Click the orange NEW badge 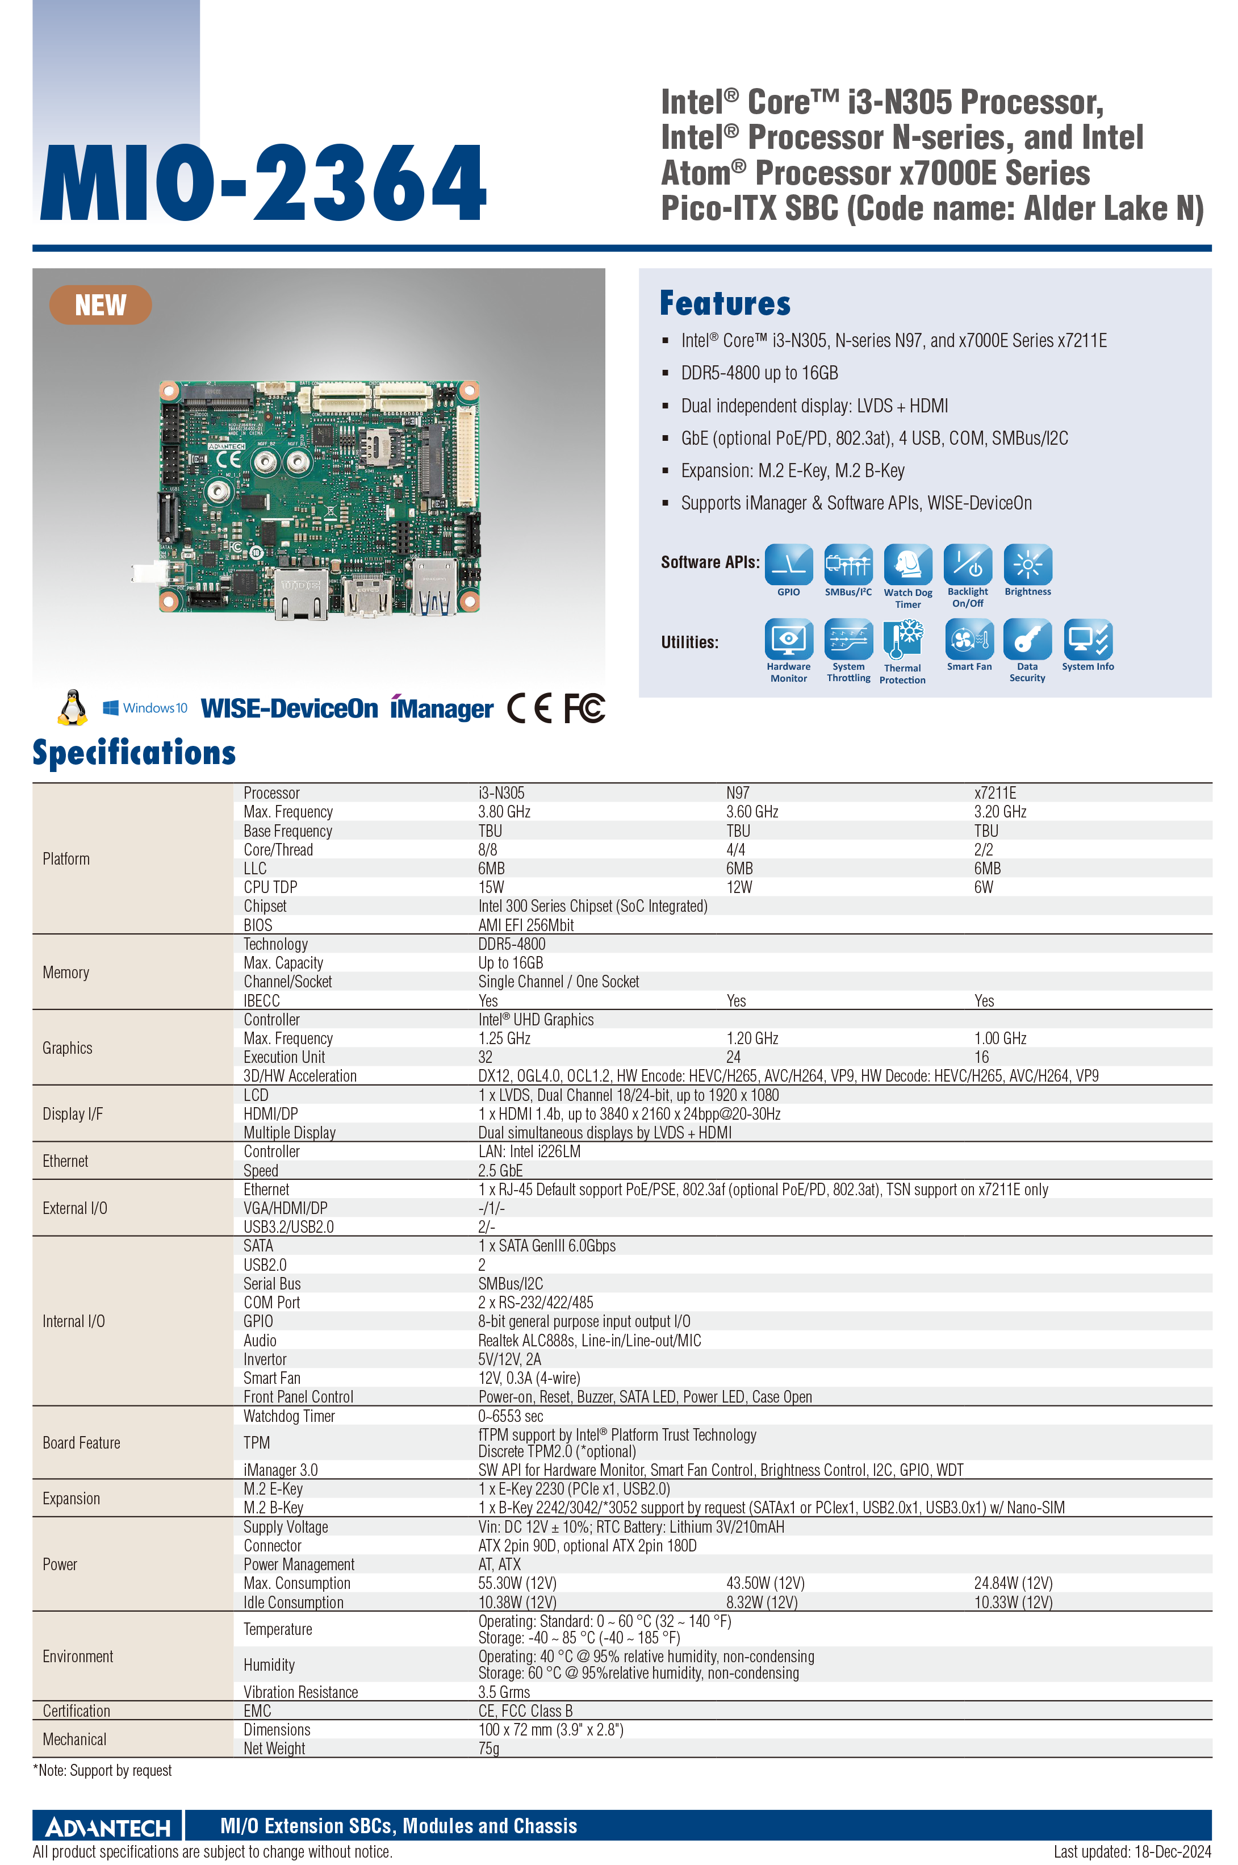click(101, 305)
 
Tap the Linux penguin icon click(73, 707)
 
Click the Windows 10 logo click(145, 707)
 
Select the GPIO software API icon click(789, 565)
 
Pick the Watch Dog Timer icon click(908, 565)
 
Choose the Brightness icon click(1027, 565)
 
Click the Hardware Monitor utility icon click(789, 639)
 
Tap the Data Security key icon click(1027, 639)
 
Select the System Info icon click(1088, 639)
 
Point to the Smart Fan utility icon click(969, 639)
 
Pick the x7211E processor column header click(995, 792)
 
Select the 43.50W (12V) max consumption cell click(765, 1583)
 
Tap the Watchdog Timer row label click(289, 1416)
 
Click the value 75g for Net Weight click(489, 1748)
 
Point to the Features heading click(725, 303)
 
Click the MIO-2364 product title click(264, 182)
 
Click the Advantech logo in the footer click(108, 1827)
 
